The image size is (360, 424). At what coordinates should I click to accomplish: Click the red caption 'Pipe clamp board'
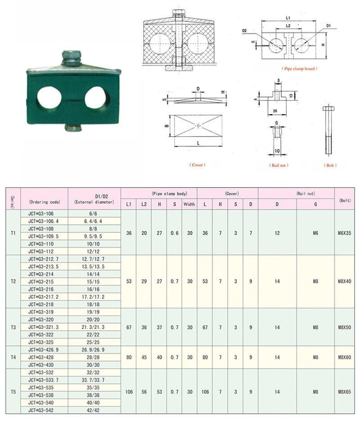(299, 69)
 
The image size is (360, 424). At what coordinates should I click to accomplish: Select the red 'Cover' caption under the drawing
(197, 165)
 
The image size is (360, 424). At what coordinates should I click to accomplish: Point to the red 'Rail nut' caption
(279, 165)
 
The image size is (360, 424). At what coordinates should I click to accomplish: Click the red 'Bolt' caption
(330, 165)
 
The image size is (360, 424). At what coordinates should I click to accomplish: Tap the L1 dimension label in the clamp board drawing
(288, 18)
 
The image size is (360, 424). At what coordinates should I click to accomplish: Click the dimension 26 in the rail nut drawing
(275, 111)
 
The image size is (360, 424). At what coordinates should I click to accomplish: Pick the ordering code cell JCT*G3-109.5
(43, 236)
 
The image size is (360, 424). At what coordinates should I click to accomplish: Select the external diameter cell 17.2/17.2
(93, 297)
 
